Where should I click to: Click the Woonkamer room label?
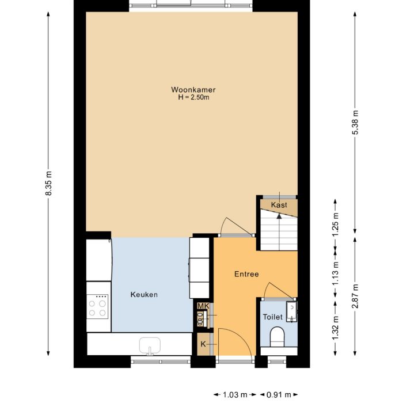(193, 89)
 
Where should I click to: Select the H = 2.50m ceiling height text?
(193, 97)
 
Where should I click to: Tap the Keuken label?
(143, 294)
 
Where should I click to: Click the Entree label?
(246, 274)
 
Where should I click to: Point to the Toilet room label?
(272, 317)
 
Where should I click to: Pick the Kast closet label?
(279, 205)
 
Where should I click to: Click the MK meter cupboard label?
(202, 306)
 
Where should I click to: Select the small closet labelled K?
(203, 344)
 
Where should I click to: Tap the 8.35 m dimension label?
(48, 184)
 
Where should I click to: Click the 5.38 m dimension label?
(355, 123)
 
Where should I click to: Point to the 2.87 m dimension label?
(355, 296)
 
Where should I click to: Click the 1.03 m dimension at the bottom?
(234, 395)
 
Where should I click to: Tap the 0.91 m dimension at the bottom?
(279, 395)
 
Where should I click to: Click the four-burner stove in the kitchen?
(98, 306)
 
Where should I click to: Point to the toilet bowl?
(277, 336)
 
